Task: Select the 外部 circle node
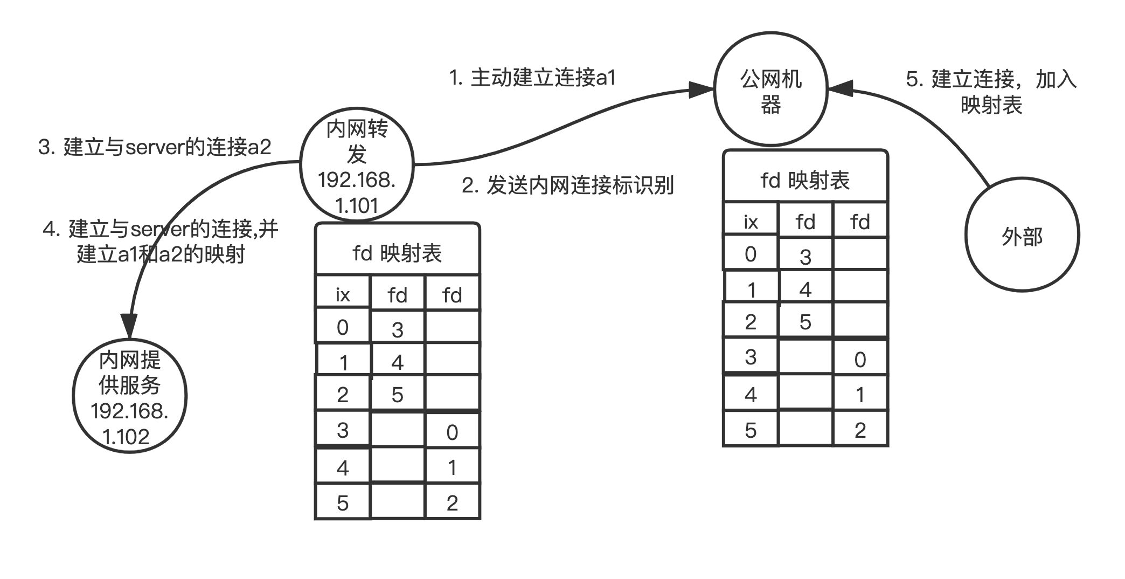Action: (1022, 236)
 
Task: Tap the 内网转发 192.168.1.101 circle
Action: (357, 164)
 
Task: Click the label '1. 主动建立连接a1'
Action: (532, 78)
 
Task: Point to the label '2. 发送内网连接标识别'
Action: (567, 185)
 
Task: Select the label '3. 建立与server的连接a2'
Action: (155, 147)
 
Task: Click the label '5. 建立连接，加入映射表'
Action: (991, 92)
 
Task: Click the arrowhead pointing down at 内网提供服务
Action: (129, 325)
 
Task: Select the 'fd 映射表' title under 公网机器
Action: (805, 181)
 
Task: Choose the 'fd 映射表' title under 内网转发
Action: (397, 253)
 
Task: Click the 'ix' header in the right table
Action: (751, 222)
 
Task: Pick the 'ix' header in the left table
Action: (343, 295)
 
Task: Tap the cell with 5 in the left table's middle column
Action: (397, 395)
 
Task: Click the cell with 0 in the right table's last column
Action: (860, 359)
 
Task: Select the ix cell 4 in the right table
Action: (751, 394)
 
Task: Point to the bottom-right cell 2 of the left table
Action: (452, 503)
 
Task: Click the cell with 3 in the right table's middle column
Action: (805, 257)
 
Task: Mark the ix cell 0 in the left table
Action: (343, 327)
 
